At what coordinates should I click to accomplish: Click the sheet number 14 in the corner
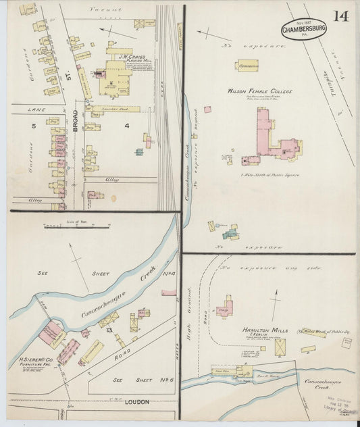(341, 16)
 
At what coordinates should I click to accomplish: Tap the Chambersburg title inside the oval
(305, 30)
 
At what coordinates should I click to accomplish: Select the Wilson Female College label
(260, 91)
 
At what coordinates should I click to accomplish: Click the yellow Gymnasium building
(247, 66)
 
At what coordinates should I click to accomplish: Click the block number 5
(32, 126)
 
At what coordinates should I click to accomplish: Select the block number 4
(126, 125)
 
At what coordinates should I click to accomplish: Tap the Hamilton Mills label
(265, 330)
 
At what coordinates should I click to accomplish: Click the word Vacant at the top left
(105, 11)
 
